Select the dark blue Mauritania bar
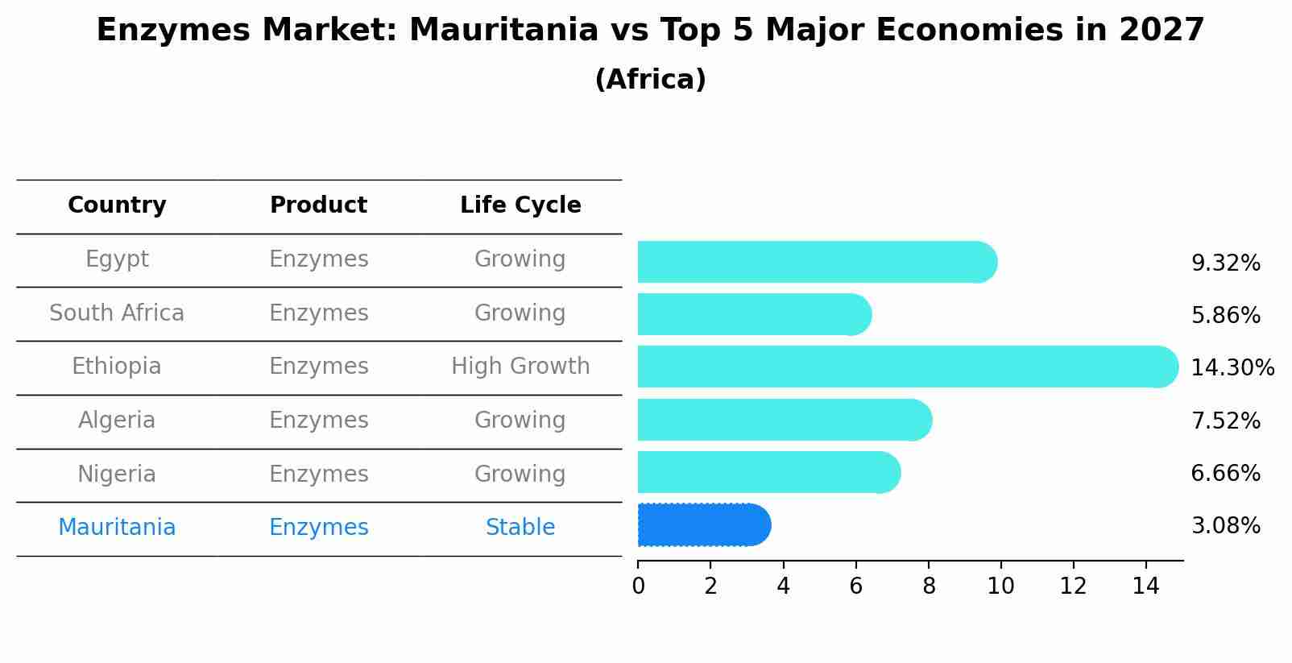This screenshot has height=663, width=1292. tap(703, 525)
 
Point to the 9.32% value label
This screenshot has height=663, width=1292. tap(1225, 263)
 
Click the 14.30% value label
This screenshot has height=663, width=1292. tap(1232, 368)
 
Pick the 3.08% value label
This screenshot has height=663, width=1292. tap(1225, 526)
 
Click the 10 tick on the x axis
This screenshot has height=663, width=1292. tap(1000, 586)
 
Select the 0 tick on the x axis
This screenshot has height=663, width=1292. tap(638, 586)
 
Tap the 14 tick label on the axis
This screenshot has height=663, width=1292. tap(1145, 586)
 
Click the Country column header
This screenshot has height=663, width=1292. tap(117, 205)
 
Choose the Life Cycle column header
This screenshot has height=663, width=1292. tap(520, 205)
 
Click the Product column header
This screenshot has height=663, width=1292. tap(318, 205)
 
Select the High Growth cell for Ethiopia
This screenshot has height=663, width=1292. tap(520, 367)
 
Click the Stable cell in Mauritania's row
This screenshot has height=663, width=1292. tap(520, 528)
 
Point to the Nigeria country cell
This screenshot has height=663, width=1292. tap(117, 474)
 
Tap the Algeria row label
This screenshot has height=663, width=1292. tap(117, 421)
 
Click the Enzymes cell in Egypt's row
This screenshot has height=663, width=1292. tap(318, 259)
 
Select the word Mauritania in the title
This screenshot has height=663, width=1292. tap(504, 31)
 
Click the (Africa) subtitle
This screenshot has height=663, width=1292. tap(650, 80)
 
